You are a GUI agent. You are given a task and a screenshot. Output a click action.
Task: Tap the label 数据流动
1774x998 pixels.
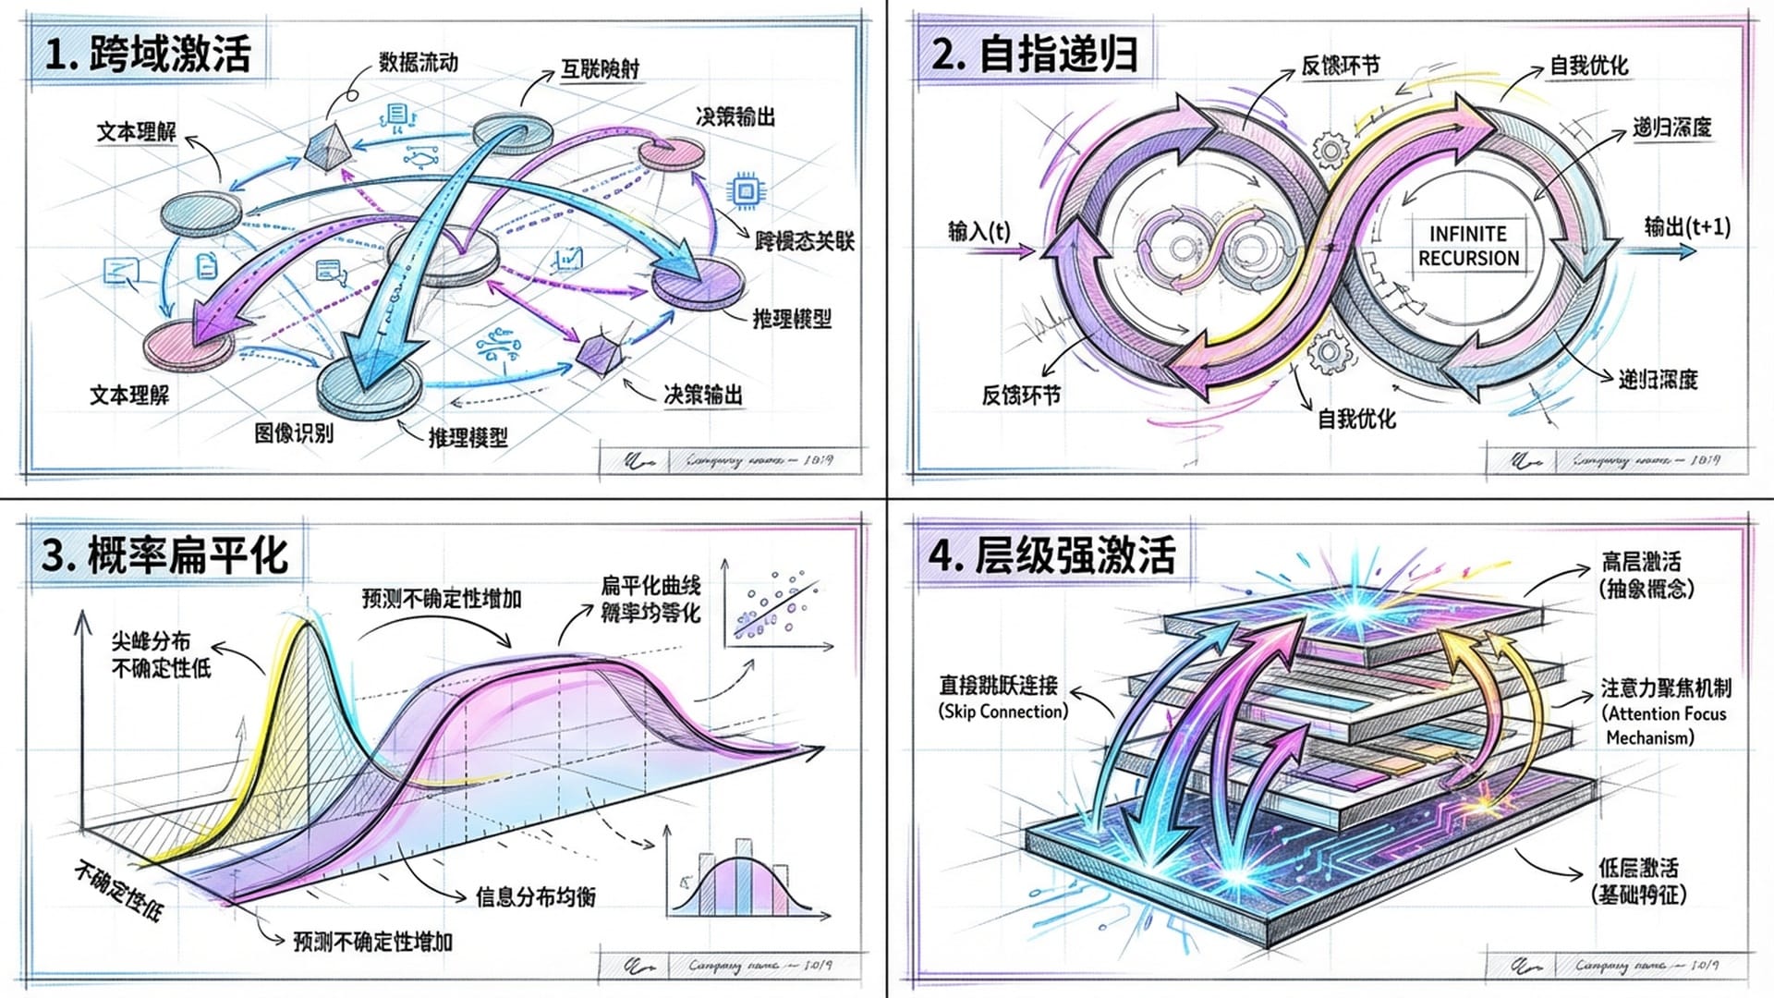[418, 63]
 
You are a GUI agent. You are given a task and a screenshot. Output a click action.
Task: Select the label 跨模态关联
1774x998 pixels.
[804, 241]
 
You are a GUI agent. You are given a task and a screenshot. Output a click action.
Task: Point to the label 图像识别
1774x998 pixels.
[294, 432]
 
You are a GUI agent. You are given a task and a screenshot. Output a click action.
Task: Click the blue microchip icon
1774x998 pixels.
[745, 191]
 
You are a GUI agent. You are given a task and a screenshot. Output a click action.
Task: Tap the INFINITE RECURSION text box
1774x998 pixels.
[1468, 246]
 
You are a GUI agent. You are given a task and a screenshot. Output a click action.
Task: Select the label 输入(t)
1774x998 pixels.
[978, 230]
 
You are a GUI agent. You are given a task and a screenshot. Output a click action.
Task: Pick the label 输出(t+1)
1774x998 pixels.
[1686, 226]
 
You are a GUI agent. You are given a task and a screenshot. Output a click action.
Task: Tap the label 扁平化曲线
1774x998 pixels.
[650, 585]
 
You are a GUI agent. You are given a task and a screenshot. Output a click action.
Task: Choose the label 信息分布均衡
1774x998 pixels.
[535, 896]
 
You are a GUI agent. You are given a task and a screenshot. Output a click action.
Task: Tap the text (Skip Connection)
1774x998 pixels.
[1003, 712]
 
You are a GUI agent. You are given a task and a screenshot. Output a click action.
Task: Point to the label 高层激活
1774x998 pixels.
[1641, 561]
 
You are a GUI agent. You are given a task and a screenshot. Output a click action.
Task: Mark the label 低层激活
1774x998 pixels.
[1638, 868]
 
